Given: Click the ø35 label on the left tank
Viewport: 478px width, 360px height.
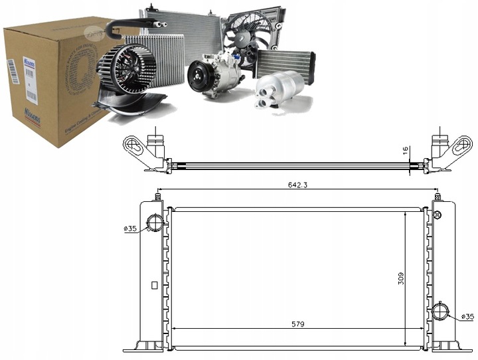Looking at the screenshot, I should click(130, 229).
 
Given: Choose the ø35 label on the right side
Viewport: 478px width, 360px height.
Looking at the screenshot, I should click(467, 316).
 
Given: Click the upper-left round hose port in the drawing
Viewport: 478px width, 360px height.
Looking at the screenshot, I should click(155, 223).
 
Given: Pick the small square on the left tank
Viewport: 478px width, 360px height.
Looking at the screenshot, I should click(154, 286).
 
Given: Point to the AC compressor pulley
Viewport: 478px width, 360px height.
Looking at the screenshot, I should click(198, 76).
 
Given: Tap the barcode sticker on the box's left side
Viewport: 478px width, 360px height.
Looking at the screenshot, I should click(11, 70).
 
